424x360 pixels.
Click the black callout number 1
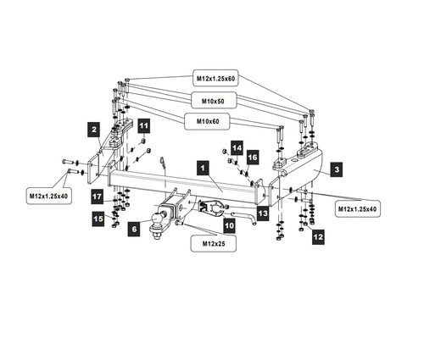coord(203,168)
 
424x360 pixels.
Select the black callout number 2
coord(94,130)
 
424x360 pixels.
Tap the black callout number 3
coord(337,169)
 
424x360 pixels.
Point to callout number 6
coord(134,229)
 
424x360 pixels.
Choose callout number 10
coord(229,226)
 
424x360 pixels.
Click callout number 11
coord(144,125)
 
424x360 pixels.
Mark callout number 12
coord(318,236)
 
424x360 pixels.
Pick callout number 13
coord(263,213)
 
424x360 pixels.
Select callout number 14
coord(237,148)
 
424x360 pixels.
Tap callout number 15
coord(98,219)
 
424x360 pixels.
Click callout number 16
coord(253,157)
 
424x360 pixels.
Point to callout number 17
coord(98,197)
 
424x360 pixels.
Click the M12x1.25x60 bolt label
coord(215,78)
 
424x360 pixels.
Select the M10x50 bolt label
coord(213,101)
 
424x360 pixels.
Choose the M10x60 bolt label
coord(208,121)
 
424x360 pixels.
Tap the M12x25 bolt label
coord(214,243)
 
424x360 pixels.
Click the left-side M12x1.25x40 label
coord(48,196)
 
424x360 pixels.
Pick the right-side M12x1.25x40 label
coord(357,209)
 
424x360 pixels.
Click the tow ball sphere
coord(157,219)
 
